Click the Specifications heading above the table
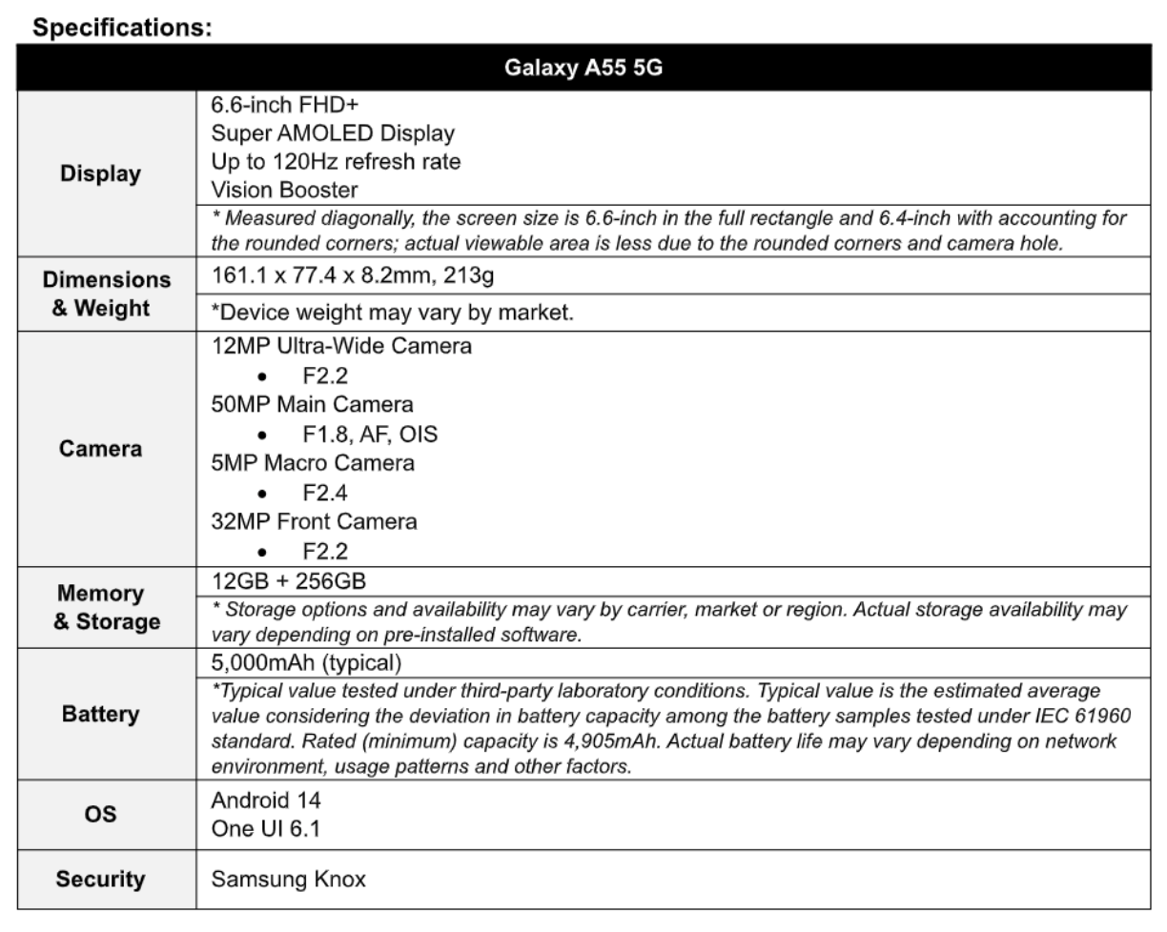122,28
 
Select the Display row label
99,173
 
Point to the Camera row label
99,448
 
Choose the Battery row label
99,714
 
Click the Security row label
99,878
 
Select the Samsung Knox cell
288,878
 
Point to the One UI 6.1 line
266,829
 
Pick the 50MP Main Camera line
312,404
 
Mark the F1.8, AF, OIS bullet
370,435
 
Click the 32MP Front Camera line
314,522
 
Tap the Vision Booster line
284,190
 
